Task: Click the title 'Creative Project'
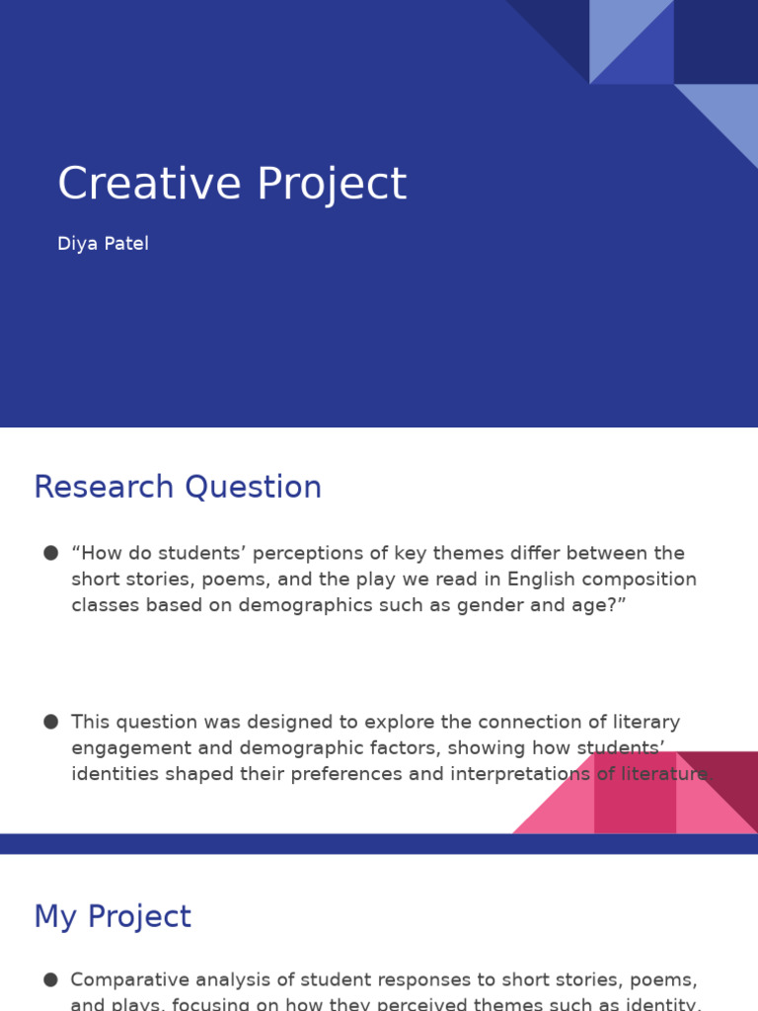pos(232,185)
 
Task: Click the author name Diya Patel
pos(103,244)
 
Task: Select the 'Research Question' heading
pos(178,488)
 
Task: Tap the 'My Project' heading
pos(113,916)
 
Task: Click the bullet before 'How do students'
pos(50,553)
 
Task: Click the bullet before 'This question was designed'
pos(50,722)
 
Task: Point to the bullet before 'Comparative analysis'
pos(50,979)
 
